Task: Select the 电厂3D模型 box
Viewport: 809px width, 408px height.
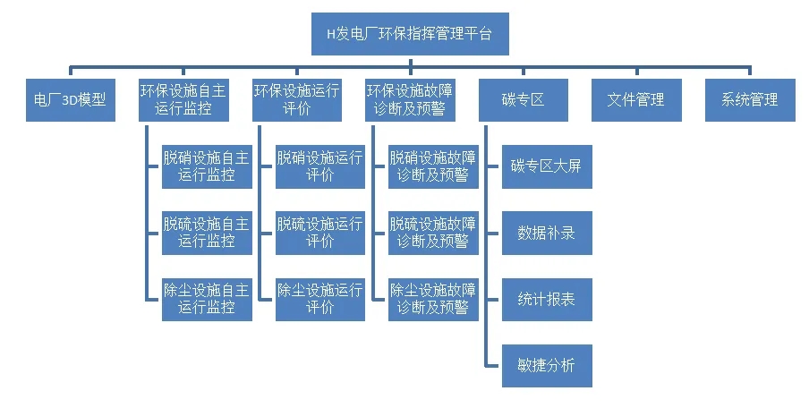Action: [70, 100]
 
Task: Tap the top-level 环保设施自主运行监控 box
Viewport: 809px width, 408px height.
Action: [183, 100]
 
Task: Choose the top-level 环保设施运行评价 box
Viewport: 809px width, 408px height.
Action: [296, 100]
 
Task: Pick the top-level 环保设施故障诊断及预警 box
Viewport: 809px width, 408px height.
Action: [410, 100]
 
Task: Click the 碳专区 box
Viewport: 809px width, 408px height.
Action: [524, 100]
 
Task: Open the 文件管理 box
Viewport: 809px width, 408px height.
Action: [636, 100]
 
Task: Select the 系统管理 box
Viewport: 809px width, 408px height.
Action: [750, 100]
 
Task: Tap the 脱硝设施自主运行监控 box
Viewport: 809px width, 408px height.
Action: [207, 166]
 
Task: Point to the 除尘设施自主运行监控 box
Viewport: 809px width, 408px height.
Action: [207, 299]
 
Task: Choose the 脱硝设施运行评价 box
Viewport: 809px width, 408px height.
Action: [320, 166]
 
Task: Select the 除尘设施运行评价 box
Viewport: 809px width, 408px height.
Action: [320, 299]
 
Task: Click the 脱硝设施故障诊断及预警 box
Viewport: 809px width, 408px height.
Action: [433, 166]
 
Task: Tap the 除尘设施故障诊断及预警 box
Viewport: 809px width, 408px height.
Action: [433, 299]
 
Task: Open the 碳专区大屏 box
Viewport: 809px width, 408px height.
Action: [547, 166]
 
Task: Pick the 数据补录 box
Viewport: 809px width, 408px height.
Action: [547, 233]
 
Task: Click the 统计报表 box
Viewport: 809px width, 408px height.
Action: [547, 299]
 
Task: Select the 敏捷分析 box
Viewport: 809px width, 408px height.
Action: [547, 365]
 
